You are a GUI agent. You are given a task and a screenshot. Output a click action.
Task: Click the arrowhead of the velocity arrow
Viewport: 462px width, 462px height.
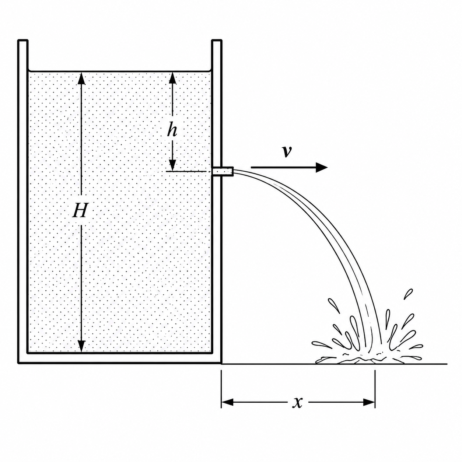(322, 167)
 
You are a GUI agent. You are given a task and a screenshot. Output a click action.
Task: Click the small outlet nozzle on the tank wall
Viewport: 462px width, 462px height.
(223, 171)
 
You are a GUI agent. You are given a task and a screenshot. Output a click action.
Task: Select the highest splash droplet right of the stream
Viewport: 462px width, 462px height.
(408, 294)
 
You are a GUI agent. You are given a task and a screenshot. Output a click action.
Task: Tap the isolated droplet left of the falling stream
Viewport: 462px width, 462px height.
(333, 305)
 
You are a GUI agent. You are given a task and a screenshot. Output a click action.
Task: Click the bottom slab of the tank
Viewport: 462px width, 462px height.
(120, 359)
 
